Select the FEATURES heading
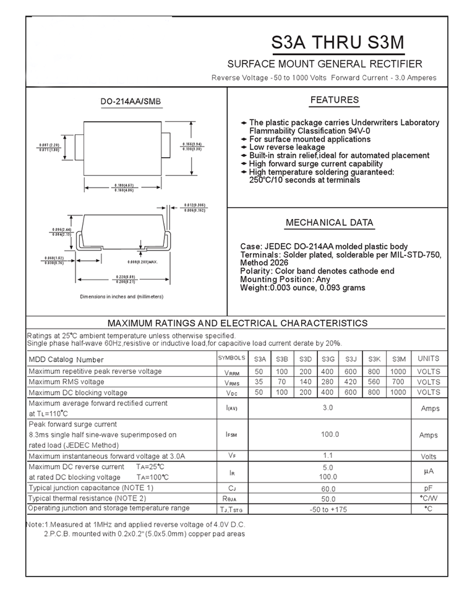coord(334,100)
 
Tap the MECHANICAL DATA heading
coord(329,223)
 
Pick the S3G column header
coord(328,359)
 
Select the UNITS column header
coord(429,359)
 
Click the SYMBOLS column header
coord(232,359)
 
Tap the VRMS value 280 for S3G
coord(328,382)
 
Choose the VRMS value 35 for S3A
coord(259,382)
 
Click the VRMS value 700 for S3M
coord(399,382)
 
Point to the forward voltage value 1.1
coord(328,456)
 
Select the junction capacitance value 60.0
coord(328,489)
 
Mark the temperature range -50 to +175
coord(328,509)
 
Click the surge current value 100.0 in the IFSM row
coord(328,435)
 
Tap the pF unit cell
coord(429,488)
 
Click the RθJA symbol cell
coord(232,499)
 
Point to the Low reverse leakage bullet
coord(286,147)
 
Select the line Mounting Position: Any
coord(285,280)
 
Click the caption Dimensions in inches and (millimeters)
coord(122,297)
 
